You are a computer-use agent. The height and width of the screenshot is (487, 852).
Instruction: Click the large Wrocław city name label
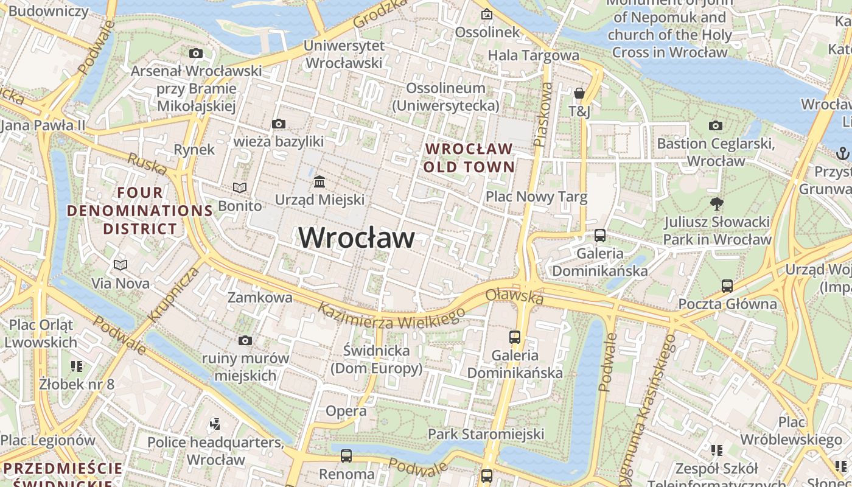tap(357, 237)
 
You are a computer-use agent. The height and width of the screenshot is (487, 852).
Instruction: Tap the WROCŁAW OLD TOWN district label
tap(469, 158)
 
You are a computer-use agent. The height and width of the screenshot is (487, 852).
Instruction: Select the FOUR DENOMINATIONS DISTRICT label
tap(140, 211)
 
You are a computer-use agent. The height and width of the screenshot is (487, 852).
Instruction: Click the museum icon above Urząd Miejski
tap(319, 182)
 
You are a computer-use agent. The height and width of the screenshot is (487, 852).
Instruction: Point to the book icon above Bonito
tap(240, 187)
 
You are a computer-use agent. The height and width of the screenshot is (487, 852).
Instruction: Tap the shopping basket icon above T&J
tap(579, 93)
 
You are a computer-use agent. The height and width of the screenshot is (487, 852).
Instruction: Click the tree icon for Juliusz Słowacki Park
tap(716, 204)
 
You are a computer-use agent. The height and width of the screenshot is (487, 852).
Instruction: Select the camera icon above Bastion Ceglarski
tap(716, 125)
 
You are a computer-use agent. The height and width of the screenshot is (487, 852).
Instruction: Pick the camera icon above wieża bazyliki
tap(278, 124)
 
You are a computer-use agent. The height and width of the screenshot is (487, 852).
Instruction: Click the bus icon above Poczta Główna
tap(727, 286)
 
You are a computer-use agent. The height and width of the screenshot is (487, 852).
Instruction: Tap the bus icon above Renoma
tap(346, 455)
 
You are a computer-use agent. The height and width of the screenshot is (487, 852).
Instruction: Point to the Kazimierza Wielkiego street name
tap(391, 317)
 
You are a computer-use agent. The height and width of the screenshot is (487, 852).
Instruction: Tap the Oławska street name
tap(514, 296)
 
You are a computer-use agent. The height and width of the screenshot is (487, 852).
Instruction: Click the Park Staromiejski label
tap(486, 434)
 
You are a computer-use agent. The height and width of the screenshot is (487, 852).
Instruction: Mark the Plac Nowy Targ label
tap(536, 197)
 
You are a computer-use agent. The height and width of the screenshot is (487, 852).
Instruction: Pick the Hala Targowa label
tap(534, 55)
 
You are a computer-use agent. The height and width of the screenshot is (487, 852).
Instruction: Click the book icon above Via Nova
tap(120, 265)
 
